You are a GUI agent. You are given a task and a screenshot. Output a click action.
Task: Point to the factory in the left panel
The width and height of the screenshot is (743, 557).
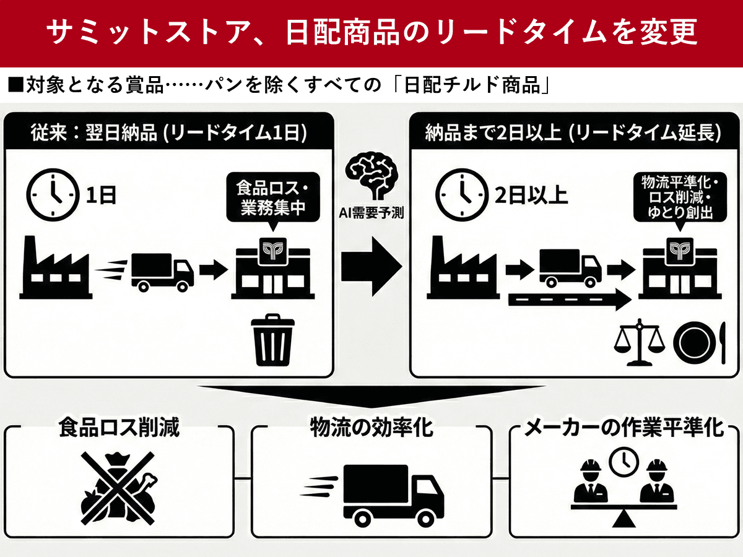tap(56, 266)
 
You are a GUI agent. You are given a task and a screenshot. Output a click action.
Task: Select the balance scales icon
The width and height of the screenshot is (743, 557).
tap(638, 342)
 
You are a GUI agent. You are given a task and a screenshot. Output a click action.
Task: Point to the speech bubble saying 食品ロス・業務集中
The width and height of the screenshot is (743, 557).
tap(273, 198)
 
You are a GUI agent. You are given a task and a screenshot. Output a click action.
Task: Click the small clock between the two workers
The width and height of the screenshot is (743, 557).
tap(624, 461)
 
